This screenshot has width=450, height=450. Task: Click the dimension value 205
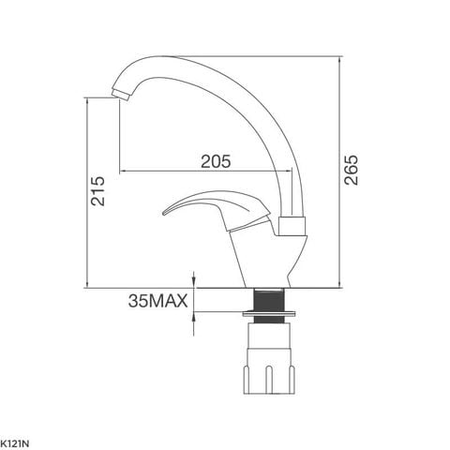coord(215,160)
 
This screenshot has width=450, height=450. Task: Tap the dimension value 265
coord(350,169)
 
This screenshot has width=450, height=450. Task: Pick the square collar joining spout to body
coord(292,225)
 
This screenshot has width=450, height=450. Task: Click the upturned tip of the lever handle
coord(167,212)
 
